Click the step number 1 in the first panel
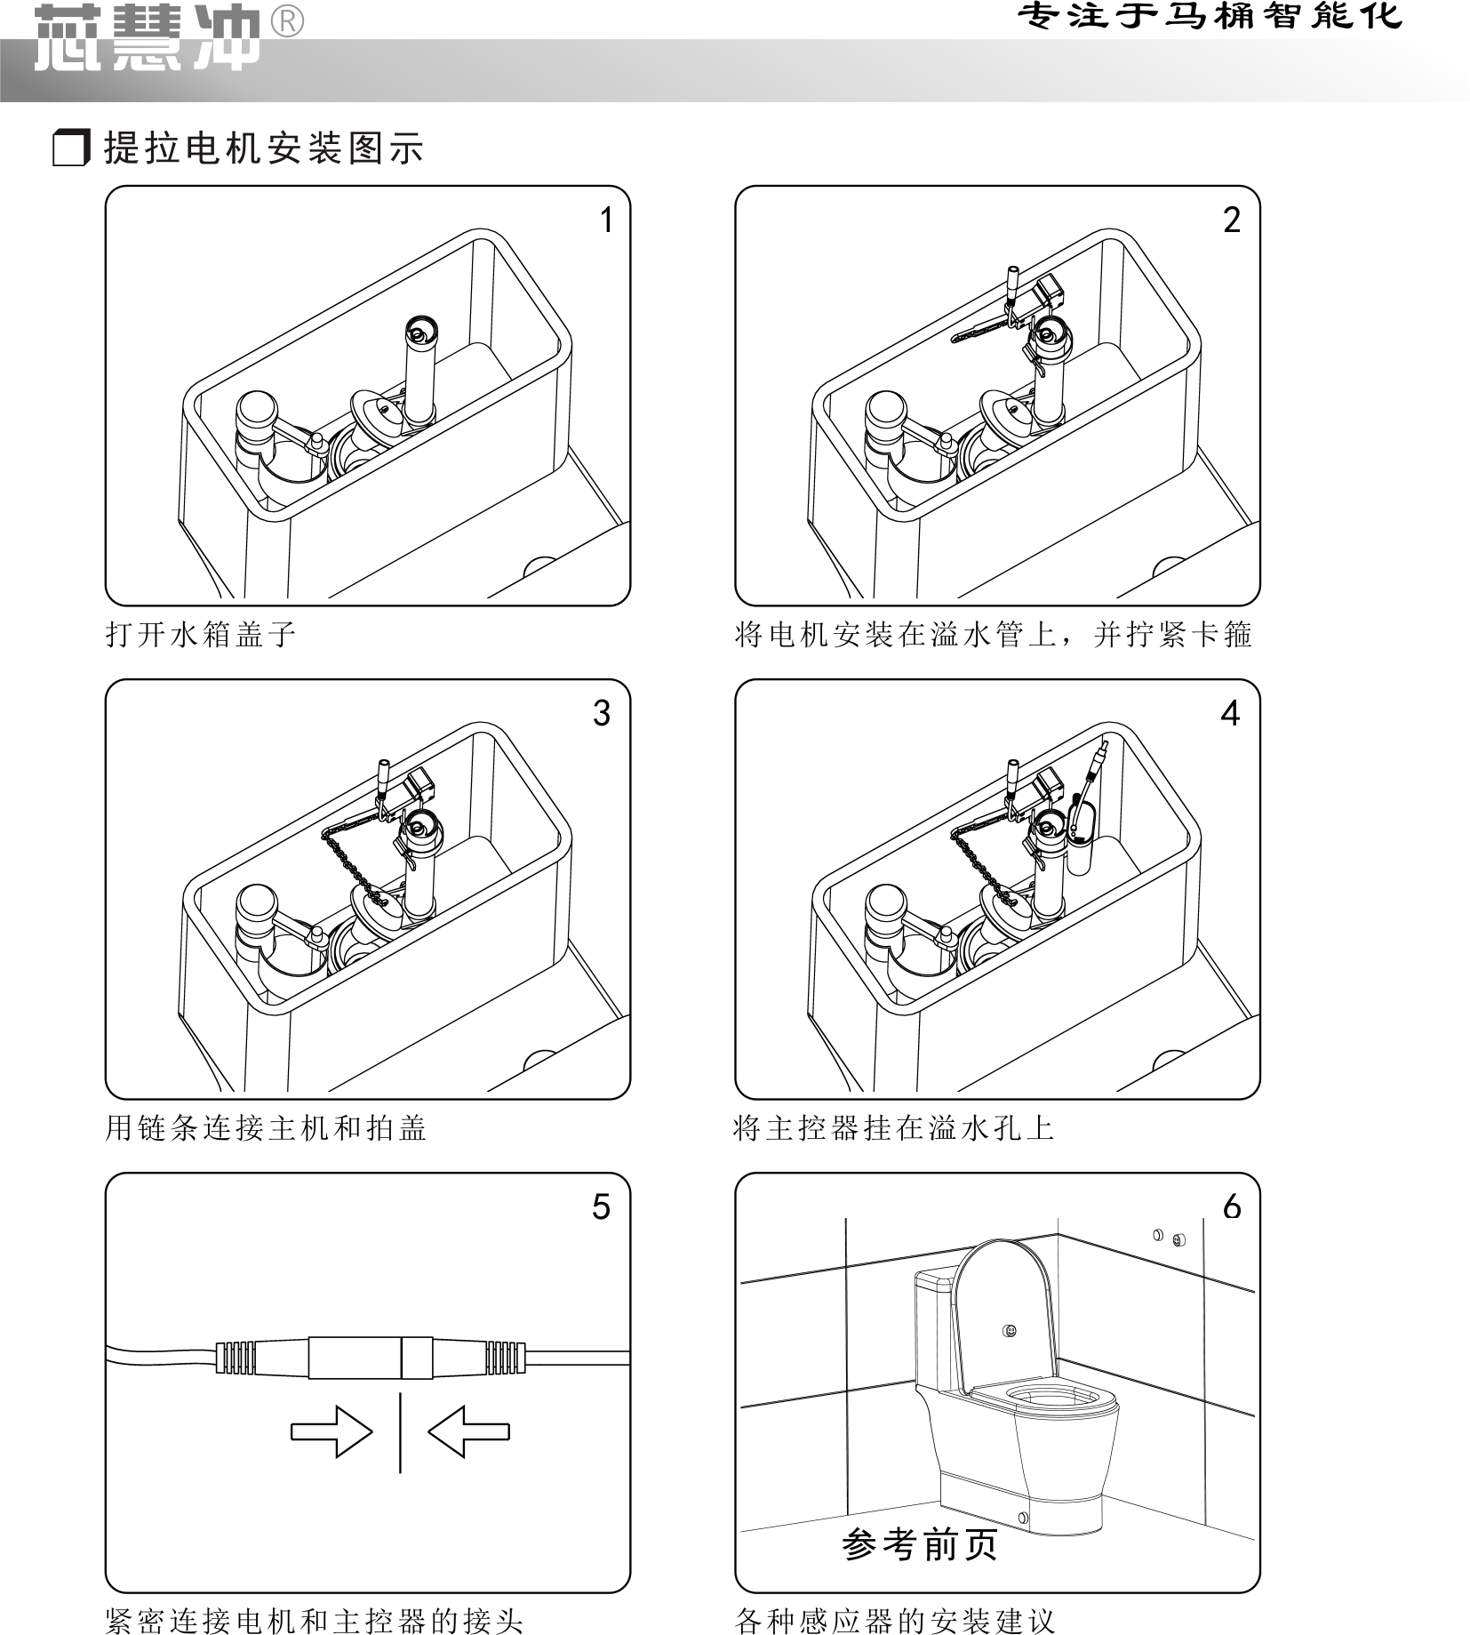(606, 220)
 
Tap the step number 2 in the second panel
(1231, 220)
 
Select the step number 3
(602, 714)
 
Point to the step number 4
(1230, 714)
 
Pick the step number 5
(602, 1207)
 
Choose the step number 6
(1232, 1207)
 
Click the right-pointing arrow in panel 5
(332, 1431)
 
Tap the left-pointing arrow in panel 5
(468, 1431)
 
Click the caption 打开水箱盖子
(201, 635)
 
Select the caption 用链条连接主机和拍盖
(266, 1128)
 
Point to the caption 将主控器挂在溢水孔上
(894, 1128)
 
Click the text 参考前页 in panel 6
(920, 1545)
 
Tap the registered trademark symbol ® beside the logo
(285, 21)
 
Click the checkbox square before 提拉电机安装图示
(71, 148)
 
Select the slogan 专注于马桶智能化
(1210, 16)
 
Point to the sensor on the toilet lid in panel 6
(1009, 1331)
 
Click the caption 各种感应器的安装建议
(895, 1620)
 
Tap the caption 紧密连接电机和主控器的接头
(314, 1620)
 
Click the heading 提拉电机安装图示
(264, 148)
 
